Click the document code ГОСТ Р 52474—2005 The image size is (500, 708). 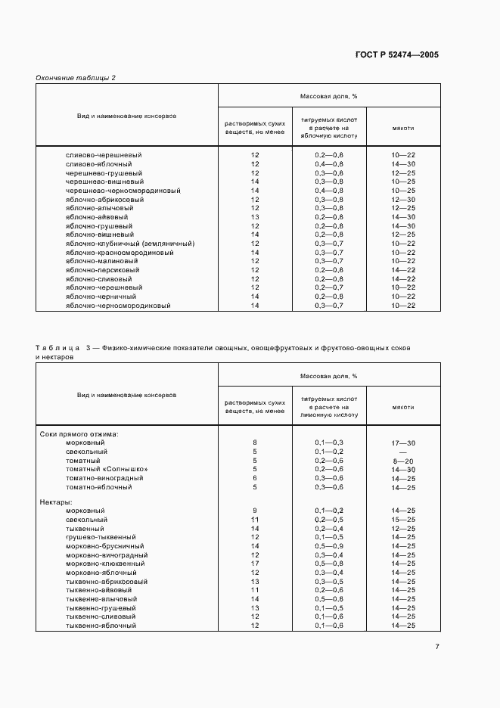point(396,55)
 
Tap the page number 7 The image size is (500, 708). point(437,646)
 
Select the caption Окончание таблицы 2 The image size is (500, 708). point(76,78)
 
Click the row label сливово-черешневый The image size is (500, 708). point(104,155)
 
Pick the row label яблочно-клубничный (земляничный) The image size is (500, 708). point(130,244)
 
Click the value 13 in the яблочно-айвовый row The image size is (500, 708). point(255,217)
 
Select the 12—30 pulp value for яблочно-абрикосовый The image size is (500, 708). point(404,199)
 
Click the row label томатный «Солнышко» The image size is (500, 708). point(107,469)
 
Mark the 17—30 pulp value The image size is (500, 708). point(404,442)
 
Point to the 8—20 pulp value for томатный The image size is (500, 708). point(404,460)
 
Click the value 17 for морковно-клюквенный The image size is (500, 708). point(255,564)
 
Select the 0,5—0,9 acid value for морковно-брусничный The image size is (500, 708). point(329,545)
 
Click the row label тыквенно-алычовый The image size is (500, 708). point(101,599)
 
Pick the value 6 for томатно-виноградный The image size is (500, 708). point(255,478)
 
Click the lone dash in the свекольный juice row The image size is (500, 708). point(404,452)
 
